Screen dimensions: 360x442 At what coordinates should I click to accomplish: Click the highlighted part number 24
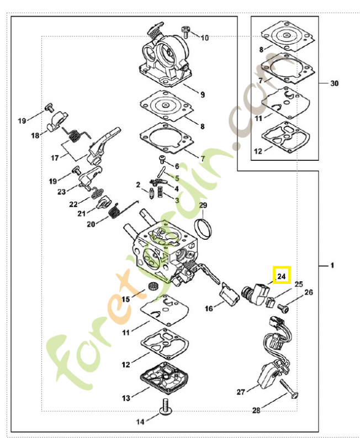pos(282,276)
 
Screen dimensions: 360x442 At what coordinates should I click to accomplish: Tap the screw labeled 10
pos(186,32)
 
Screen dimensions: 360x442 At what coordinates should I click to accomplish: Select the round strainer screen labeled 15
pos(153,286)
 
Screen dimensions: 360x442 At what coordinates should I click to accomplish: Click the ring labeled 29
pos(203,228)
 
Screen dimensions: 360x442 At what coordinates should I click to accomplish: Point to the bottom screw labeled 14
pos(166,407)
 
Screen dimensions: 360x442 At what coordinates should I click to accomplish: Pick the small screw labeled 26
pos(283,308)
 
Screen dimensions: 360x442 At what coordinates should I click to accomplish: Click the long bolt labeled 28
pos(289,389)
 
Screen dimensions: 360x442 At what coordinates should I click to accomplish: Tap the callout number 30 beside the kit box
pos(335,83)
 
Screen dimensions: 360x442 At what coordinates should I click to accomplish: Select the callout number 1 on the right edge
pos(332,266)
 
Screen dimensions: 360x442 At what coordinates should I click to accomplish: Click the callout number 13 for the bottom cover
pos(126,398)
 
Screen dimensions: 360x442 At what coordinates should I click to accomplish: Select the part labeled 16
pos(229,294)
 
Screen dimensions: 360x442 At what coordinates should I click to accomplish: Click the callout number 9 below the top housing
pos(203,94)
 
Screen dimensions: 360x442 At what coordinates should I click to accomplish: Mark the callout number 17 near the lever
pos(55,158)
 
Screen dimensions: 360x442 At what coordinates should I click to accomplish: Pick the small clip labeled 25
pos(270,302)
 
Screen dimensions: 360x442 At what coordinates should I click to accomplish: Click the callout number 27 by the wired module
pos(241,392)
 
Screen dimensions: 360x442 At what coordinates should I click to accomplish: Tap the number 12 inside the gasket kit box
pos(258,151)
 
